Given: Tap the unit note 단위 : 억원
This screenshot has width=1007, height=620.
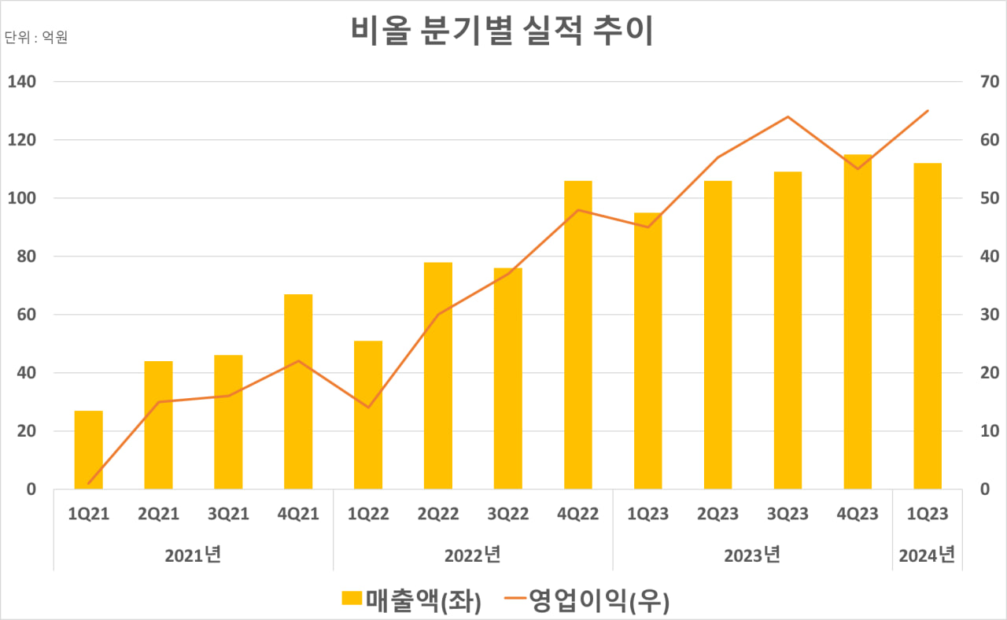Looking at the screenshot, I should (x=36, y=37).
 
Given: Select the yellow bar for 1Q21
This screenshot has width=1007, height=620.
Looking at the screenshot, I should (x=89, y=449).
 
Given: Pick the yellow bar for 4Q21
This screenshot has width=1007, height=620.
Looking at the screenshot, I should (x=298, y=391).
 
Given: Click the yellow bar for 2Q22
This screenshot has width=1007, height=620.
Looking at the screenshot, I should (x=438, y=375).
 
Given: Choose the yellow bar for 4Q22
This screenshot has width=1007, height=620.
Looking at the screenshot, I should (x=578, y=334).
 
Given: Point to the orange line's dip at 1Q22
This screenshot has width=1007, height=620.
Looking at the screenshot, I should (x=368, y=408).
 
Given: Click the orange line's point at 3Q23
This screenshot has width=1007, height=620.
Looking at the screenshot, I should (x=788, y=116).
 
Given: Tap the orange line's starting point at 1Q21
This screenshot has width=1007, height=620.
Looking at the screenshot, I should (x=89, y=483).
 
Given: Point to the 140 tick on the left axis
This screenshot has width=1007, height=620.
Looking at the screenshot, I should (x=22, y=82).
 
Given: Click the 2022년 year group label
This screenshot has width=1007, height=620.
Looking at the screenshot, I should (x=473, y=555).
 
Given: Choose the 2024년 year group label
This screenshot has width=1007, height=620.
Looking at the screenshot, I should (x=927, y=555).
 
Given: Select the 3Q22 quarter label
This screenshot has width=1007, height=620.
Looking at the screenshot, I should (x=508, y=514).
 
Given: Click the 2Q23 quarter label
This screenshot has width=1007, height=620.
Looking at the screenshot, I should (x=717, y=514).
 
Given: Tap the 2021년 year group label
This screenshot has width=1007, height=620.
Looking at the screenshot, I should (x=194, y=555).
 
